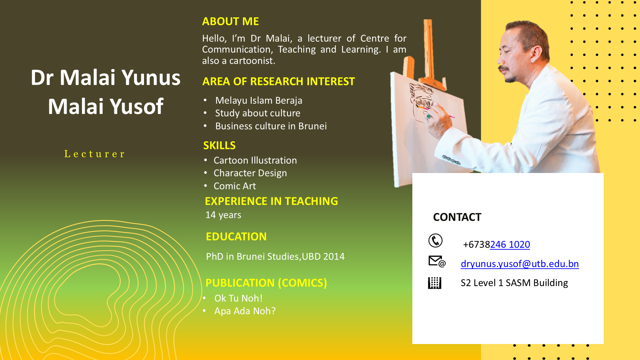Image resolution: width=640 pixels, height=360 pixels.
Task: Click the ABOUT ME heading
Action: click(x=230, y=21)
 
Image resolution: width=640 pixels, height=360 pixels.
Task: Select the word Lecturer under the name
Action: click(x=94, y=154)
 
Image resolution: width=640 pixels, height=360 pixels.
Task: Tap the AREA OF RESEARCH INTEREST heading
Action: click(x=279, y=81)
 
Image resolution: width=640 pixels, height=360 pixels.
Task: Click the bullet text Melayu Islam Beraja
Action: click(x=259, y=100)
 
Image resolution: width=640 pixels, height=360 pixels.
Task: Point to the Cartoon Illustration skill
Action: click(x=255, y=160)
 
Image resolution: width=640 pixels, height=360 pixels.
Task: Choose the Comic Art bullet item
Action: click(x=235, y=186)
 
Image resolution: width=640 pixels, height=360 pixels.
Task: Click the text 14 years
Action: click(x=223, y=215)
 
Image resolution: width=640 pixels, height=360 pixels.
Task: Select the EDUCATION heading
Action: click(x=236, y=237)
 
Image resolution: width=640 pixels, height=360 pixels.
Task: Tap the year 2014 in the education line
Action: click(x=334, y=256)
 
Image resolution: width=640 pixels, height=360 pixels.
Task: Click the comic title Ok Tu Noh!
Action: click(x=238, y=298)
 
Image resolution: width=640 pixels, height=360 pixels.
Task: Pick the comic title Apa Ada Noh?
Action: click(x=245, y=311)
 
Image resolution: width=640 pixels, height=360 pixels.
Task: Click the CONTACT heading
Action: click(x=457, y=217)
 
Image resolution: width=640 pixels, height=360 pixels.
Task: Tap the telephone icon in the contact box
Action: click(x=435, y=241)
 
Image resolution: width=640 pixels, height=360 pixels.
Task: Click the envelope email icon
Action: click(x=437, y=262)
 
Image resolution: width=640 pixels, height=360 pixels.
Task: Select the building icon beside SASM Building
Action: click(x=435, y=283)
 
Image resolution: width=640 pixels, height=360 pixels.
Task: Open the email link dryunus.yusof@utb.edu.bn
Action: click(x=520, y=264)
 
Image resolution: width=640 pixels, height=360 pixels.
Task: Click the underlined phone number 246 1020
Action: click(x=510, y=245)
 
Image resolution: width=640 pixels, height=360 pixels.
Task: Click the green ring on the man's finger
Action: click(x=429, y=116)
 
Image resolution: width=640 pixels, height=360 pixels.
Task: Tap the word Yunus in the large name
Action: click(x=151, y=78)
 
